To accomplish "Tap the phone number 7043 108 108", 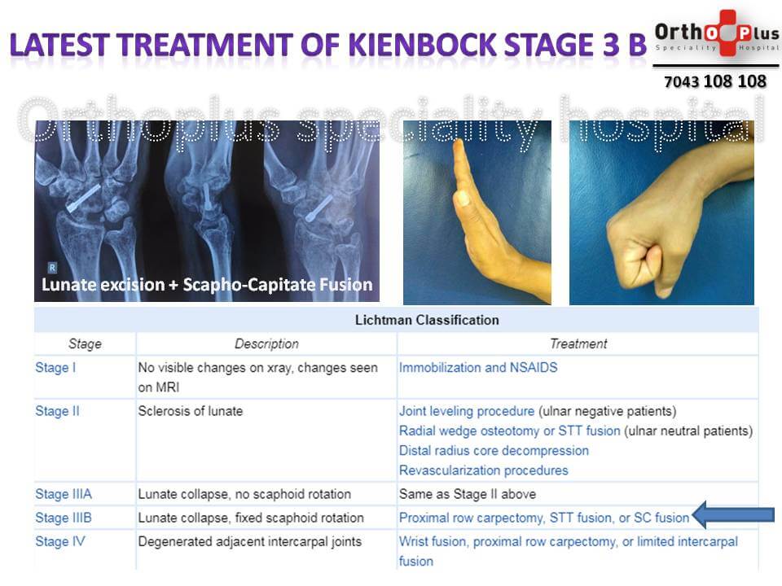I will [715, 81].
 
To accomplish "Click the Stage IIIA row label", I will [64, 494].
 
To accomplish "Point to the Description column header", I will [266, 344].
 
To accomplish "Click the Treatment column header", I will [578, 344].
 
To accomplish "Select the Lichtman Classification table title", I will [427, 320].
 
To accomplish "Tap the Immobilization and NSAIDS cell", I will [478, 368].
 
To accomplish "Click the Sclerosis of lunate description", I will [191, 411].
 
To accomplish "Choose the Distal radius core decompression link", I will [494, 450].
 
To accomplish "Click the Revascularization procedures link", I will [484, 470].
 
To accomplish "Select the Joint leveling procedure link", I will [467, 411].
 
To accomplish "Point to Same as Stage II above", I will [461, 494].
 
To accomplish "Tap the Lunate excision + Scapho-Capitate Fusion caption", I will [207, 285].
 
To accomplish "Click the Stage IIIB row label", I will [64, 518].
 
